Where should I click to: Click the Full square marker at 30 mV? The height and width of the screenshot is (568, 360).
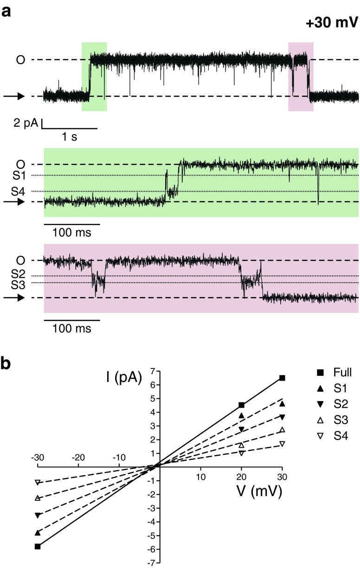(x=282, y=378)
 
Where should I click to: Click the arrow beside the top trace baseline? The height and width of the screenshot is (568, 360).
(x=14, y=97)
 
